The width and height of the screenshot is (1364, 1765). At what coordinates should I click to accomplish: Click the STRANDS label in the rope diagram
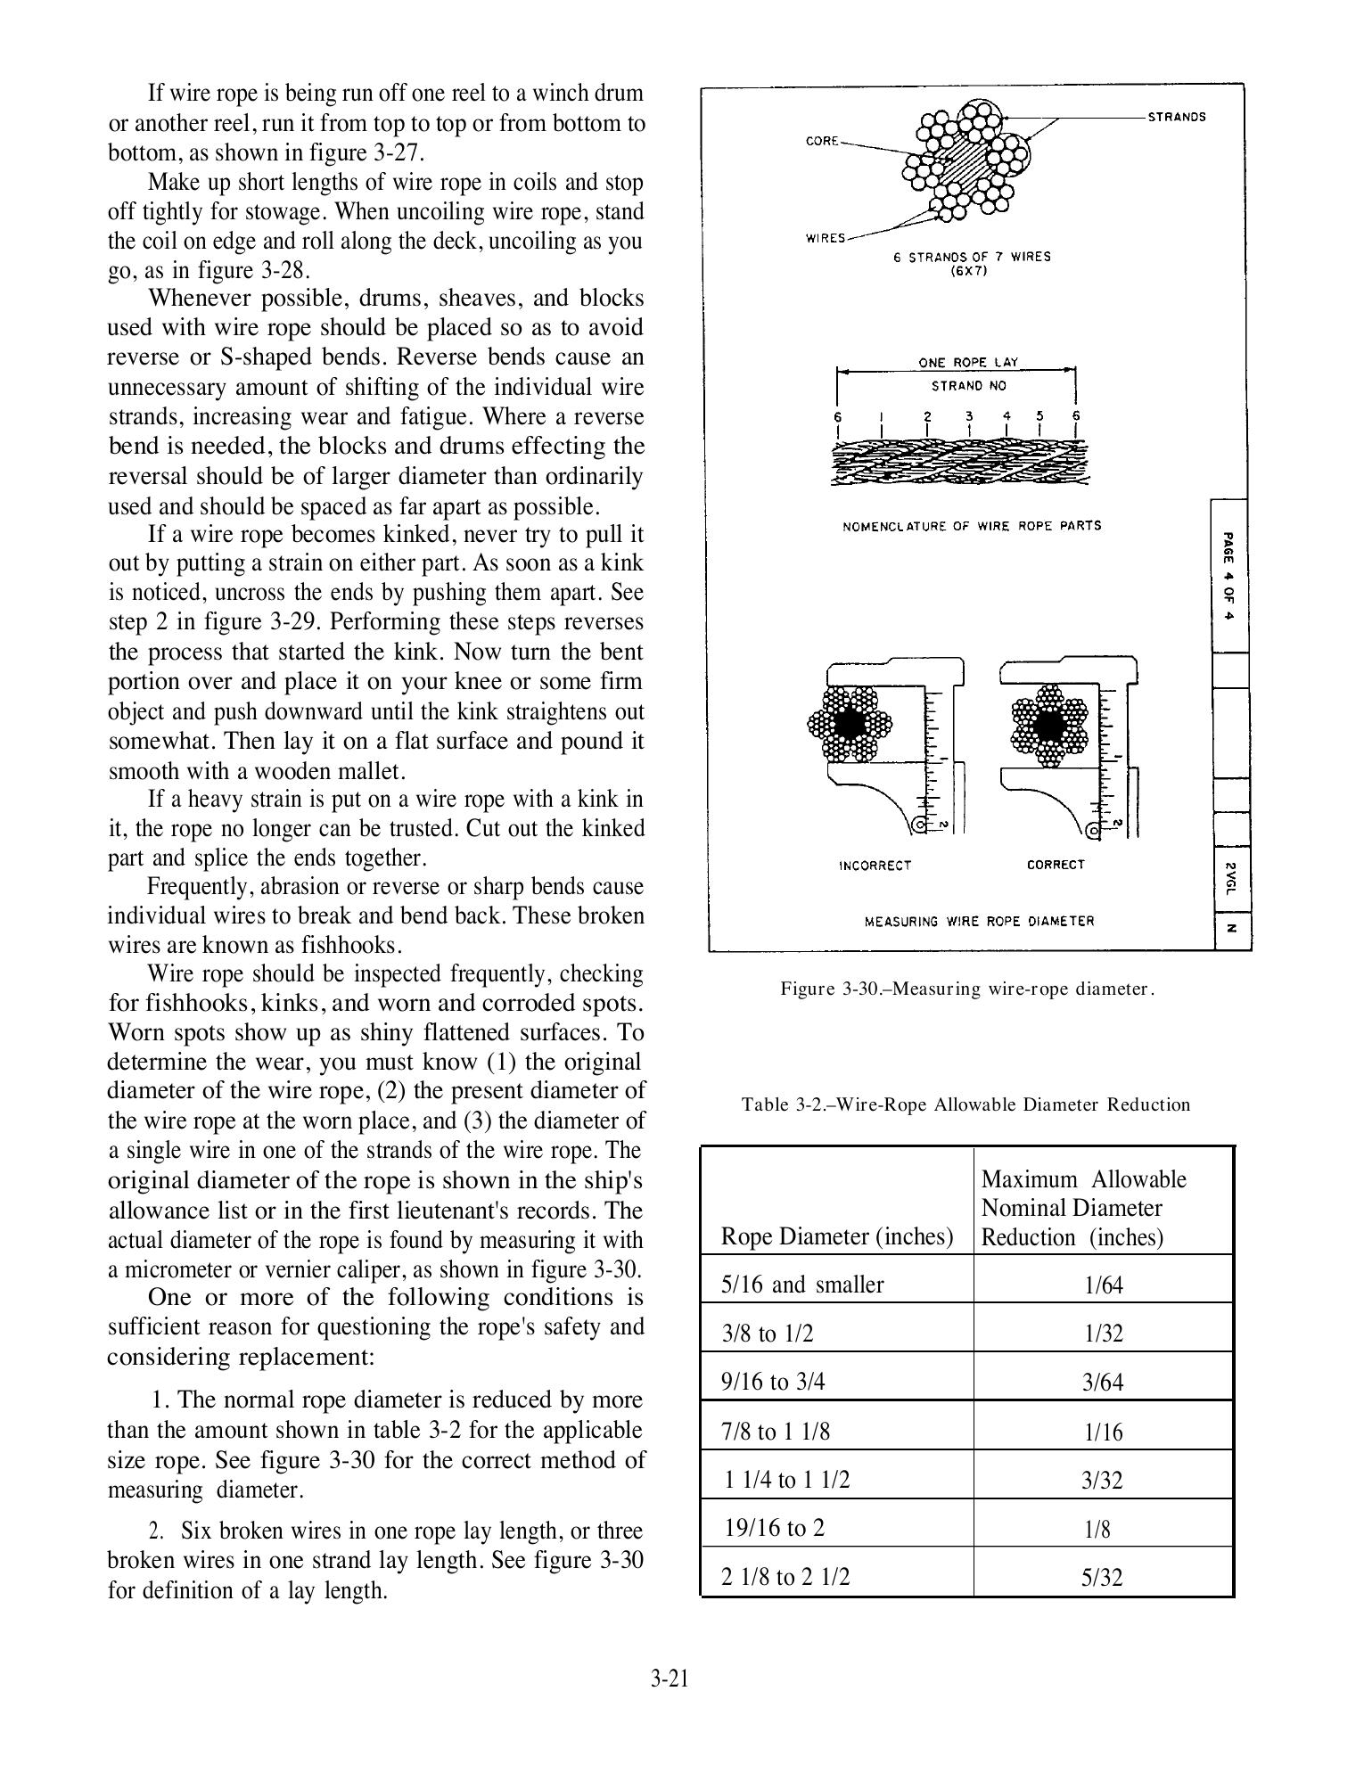tap(1176, 117)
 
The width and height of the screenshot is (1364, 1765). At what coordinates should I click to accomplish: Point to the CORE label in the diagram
tap(822, 141)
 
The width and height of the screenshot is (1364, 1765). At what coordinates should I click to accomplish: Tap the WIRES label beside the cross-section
tap(826, 238)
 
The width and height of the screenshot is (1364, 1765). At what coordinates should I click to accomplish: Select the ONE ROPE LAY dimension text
tap(968, 363)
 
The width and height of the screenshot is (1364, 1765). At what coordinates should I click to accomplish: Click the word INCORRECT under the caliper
tap(875, 866)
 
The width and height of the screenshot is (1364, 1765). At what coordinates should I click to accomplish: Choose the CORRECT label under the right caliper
tap(1056, 865)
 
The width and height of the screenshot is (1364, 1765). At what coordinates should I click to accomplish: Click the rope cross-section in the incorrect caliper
tap(850, 723)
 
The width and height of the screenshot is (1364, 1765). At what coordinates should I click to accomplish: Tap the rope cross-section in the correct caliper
tap(1052, 723)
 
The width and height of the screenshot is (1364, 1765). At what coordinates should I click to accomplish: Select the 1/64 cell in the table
tap(1103, 1285)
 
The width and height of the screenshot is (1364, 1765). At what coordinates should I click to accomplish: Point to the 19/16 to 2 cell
tap(775, 1528)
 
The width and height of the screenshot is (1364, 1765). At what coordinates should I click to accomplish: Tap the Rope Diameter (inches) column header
tap(836, 1236)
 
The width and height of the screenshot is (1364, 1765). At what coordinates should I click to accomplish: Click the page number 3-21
tap(670, 1680)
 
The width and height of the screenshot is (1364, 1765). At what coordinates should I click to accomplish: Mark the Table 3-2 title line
tap(965, 1104)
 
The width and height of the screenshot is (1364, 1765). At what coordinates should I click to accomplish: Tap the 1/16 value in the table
tap(1103, 1432)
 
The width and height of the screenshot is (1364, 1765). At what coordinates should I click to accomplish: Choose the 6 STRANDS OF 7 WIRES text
tap(972, 257)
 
